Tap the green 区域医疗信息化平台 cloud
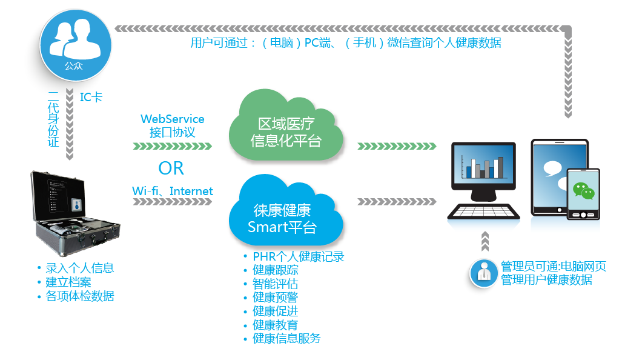pos(285,132)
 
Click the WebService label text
pos(172,119)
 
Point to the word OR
pos(171,168)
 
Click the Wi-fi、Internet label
pos(173,191)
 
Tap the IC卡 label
pos(91,96)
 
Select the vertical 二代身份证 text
pos(53,119)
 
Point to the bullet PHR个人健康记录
pos(298,257)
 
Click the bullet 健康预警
pos(275,298)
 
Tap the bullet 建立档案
pos(68,282)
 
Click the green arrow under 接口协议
pos(172,146)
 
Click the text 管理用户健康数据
pos(546,280)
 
